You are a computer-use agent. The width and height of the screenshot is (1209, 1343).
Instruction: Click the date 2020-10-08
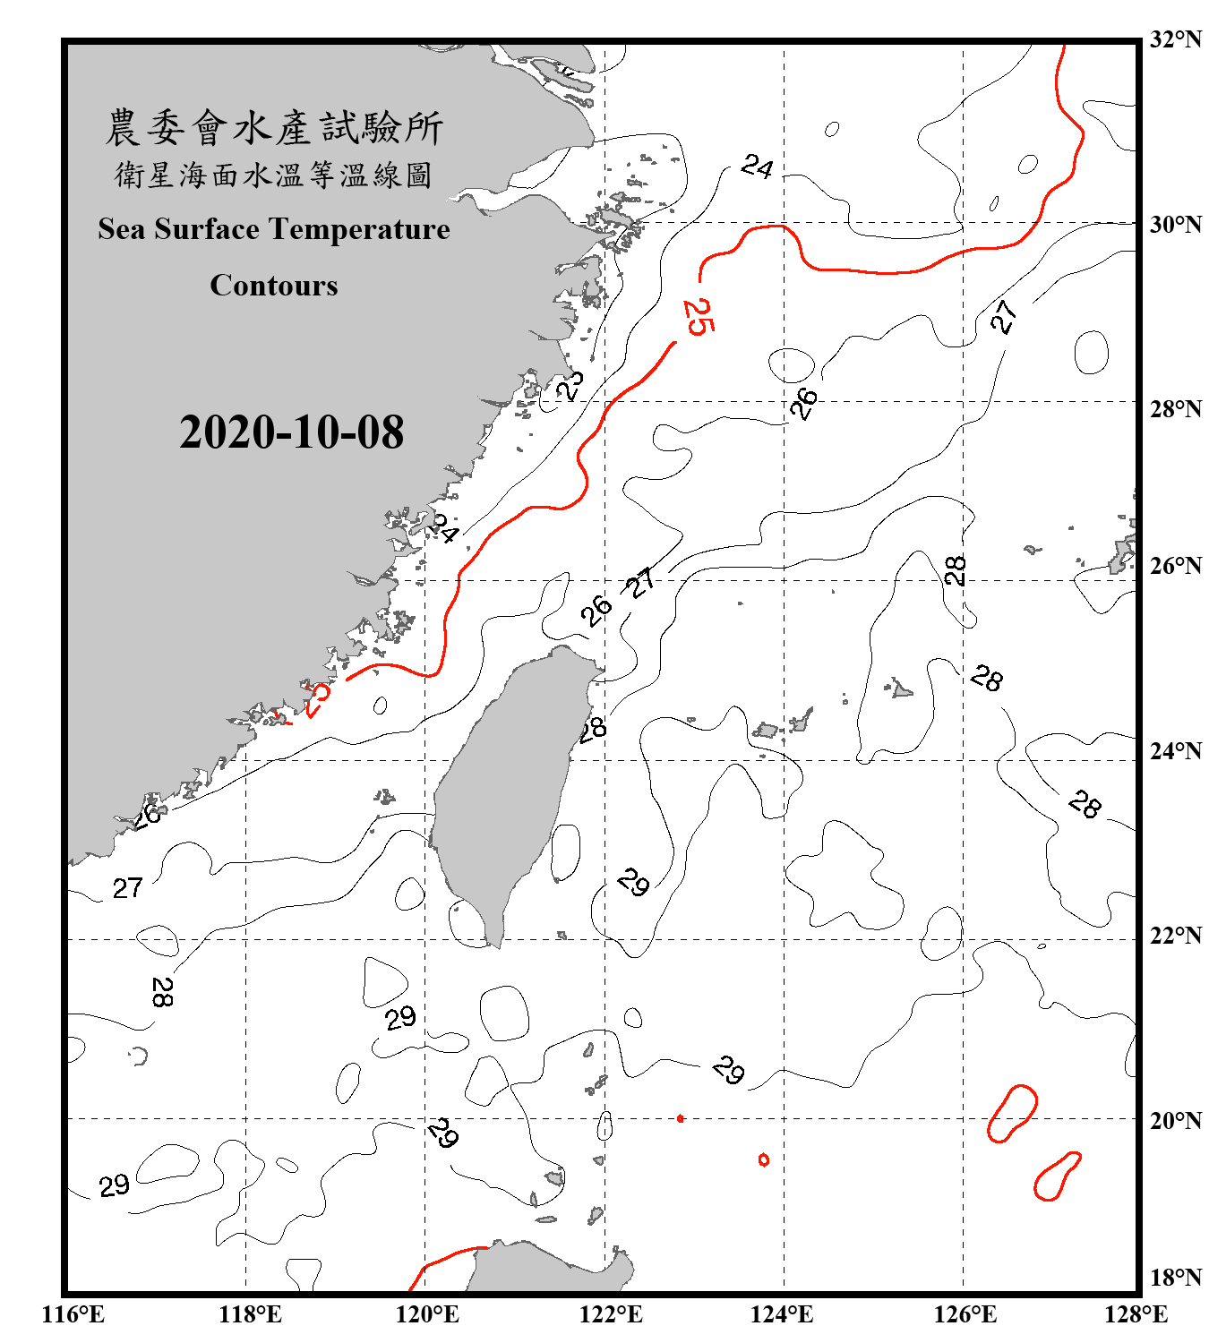(291, 432)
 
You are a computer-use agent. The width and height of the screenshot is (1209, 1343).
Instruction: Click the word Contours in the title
(274, 286)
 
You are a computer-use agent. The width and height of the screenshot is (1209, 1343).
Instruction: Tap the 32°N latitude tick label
(1176, 39)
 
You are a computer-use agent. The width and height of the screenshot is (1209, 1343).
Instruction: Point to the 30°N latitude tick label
(1176, 225)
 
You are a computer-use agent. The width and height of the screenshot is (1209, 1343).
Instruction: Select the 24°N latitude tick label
(1176, 751)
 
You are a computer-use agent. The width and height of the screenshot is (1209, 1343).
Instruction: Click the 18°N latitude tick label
(1176, 1278)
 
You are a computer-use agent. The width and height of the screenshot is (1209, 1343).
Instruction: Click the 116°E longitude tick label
(73, 1314)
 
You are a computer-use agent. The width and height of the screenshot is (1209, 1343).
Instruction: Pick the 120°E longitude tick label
(427, 1314)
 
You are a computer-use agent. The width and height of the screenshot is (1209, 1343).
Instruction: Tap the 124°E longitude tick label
(782, 1314)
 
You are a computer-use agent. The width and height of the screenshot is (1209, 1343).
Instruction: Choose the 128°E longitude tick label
(1136, 1314)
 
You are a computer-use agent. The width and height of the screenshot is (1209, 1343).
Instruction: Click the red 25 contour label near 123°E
(698, 316)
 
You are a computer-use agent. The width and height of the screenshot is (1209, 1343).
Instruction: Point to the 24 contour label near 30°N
(757, 167)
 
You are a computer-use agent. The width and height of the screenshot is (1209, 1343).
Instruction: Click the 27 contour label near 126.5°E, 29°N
(1004, 316)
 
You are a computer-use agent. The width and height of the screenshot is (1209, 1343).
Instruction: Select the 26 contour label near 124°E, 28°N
(803, 404)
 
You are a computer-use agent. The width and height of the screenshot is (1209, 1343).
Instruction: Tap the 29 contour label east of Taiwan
(633, 882)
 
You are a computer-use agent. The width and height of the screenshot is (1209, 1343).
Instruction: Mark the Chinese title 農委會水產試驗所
(274, 128)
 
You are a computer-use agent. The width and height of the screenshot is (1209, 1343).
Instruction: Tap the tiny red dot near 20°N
(681, 1118)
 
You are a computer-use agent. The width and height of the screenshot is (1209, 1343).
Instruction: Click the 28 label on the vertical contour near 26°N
(956, 570)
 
